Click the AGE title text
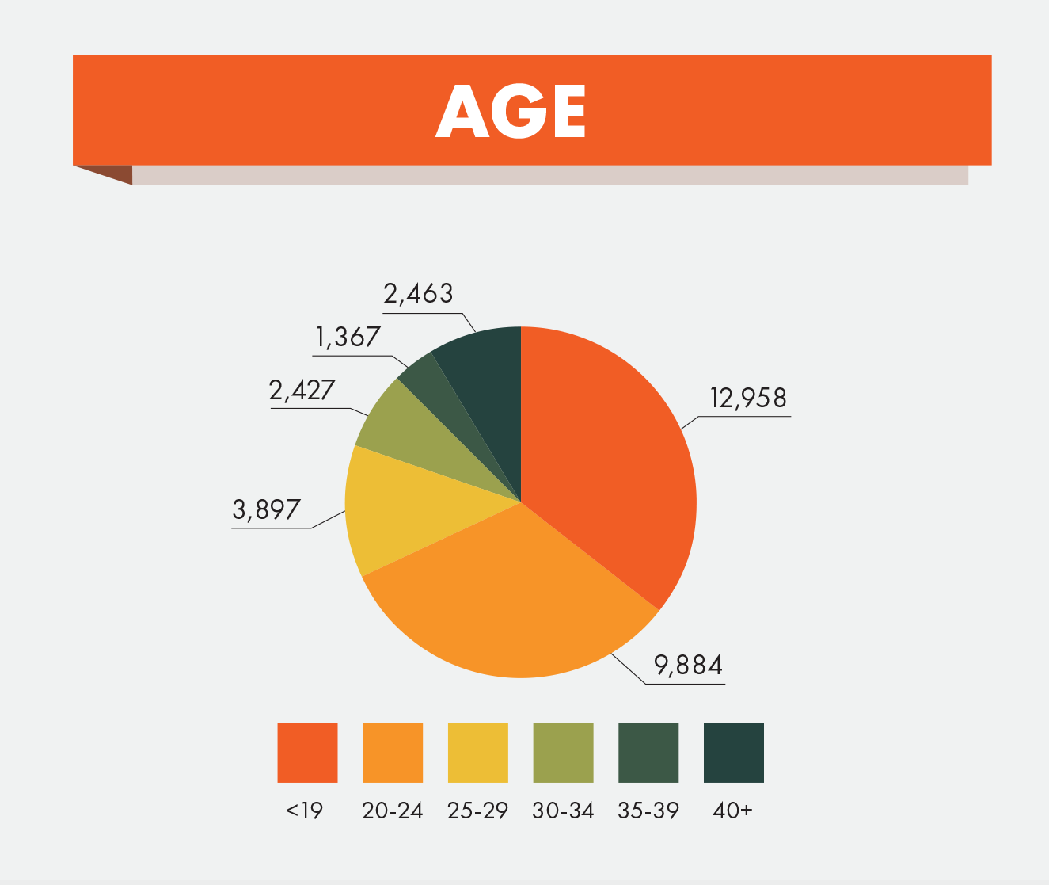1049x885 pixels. tap(511, 111)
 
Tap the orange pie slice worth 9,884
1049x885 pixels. tap(507, 602)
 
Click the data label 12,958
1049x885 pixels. tap(748, 399)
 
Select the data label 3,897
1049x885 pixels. tap(267, 510)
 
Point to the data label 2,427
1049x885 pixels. tap(302, 391)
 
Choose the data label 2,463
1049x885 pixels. tap(418, 294)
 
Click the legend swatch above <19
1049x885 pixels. tap(307, 752)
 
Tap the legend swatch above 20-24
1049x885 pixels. tap(393, 752)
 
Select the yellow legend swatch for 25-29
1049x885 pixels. tap(477, 752)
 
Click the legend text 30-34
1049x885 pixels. tap(563, 811)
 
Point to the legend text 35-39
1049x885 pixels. tap(648, 811)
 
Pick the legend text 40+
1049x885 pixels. tap(732, 811)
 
